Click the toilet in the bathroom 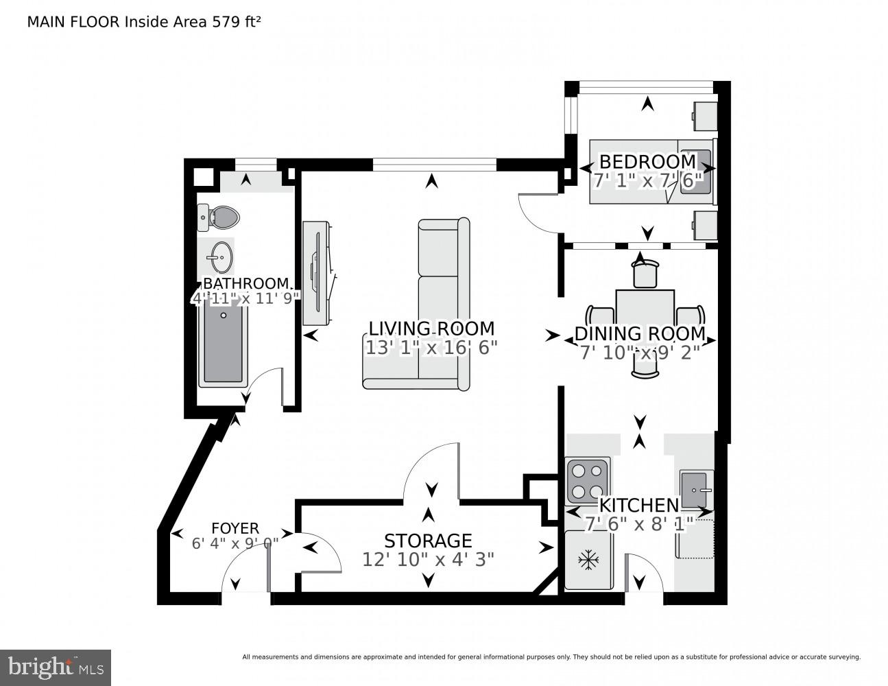coord(218,217)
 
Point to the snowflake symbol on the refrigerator coord(588,560)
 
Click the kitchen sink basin coord(693,490)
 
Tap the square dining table coord(645,310)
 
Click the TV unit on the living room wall coord(319,273)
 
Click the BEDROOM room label coord(647,161)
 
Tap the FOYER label coord(235,528)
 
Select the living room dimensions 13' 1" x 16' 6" coord(431,348)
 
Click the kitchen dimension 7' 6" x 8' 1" coord(640,523)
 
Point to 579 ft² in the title coord(236,22)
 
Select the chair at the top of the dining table coord(645,274)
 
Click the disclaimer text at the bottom coord(551,657)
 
